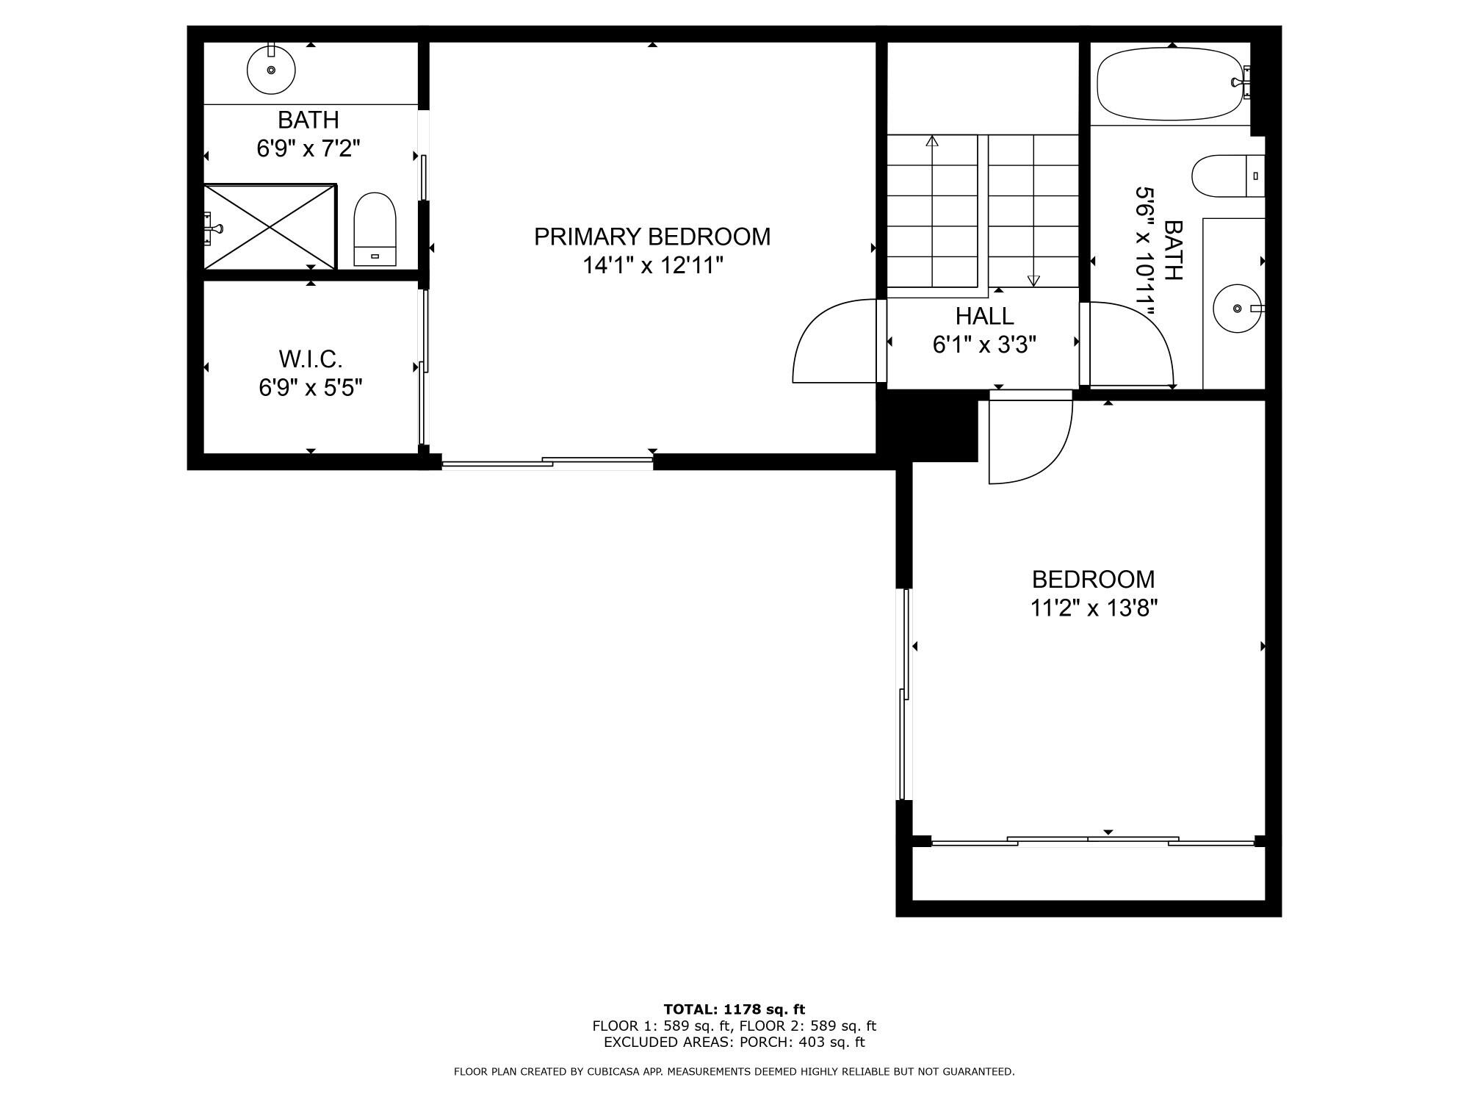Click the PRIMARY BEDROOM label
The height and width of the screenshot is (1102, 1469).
tap(652, 237)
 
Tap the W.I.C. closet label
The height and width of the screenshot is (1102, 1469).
tap(310, 359)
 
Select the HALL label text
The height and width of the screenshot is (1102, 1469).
tap(984, 316)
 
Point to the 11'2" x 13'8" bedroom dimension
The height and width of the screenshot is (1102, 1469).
tap(1093, 608)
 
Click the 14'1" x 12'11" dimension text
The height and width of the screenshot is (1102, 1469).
tap(653, 265)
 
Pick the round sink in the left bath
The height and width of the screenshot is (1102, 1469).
tap(271, 70)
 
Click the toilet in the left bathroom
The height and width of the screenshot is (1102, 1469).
tap(375, 228)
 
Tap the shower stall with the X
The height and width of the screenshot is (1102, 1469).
tap(270, 227)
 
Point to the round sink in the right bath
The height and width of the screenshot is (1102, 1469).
tap(1238, 309)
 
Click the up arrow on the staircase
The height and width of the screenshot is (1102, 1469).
tap(933, 140)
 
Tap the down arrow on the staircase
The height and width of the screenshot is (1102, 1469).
tap(1033, 280)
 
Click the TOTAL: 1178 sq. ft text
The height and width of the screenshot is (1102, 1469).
tap(734, 1009)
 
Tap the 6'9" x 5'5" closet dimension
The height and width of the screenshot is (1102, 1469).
tap(310, 387)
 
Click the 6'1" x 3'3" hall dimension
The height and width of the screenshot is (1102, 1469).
tap(984, 344)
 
